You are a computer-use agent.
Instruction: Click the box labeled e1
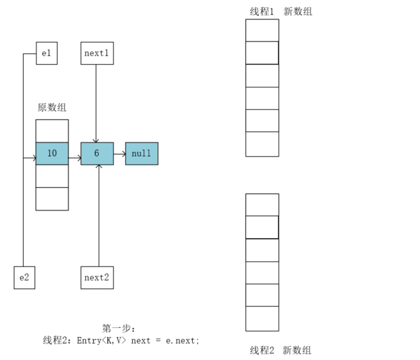coord(47,53)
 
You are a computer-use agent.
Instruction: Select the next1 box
coord(97,53)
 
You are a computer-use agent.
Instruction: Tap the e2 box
coord(24,277)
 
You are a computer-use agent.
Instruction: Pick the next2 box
coord(97,277)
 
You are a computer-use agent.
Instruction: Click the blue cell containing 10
coord(52,153)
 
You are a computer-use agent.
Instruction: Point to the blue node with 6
coord(97,153)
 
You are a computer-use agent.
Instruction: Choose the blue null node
coord(142,153)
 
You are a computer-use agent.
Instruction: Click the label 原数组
coord(52,107)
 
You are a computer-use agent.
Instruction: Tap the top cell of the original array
coord(52,131)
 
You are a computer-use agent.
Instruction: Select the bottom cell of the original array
coord(52,199)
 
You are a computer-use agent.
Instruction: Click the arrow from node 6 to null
coord(119,153)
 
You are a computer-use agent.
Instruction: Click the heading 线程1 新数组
coord(281,11)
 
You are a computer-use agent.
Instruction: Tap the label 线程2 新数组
coord(281,350)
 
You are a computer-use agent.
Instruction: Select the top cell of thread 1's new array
coord(262,30)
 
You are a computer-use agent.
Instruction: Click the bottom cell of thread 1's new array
coord(262,144)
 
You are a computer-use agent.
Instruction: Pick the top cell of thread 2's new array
coord(262,205)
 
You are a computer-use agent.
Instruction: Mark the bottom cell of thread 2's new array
coord(262,319)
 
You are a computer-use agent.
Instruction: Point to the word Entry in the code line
coord(90,341)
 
